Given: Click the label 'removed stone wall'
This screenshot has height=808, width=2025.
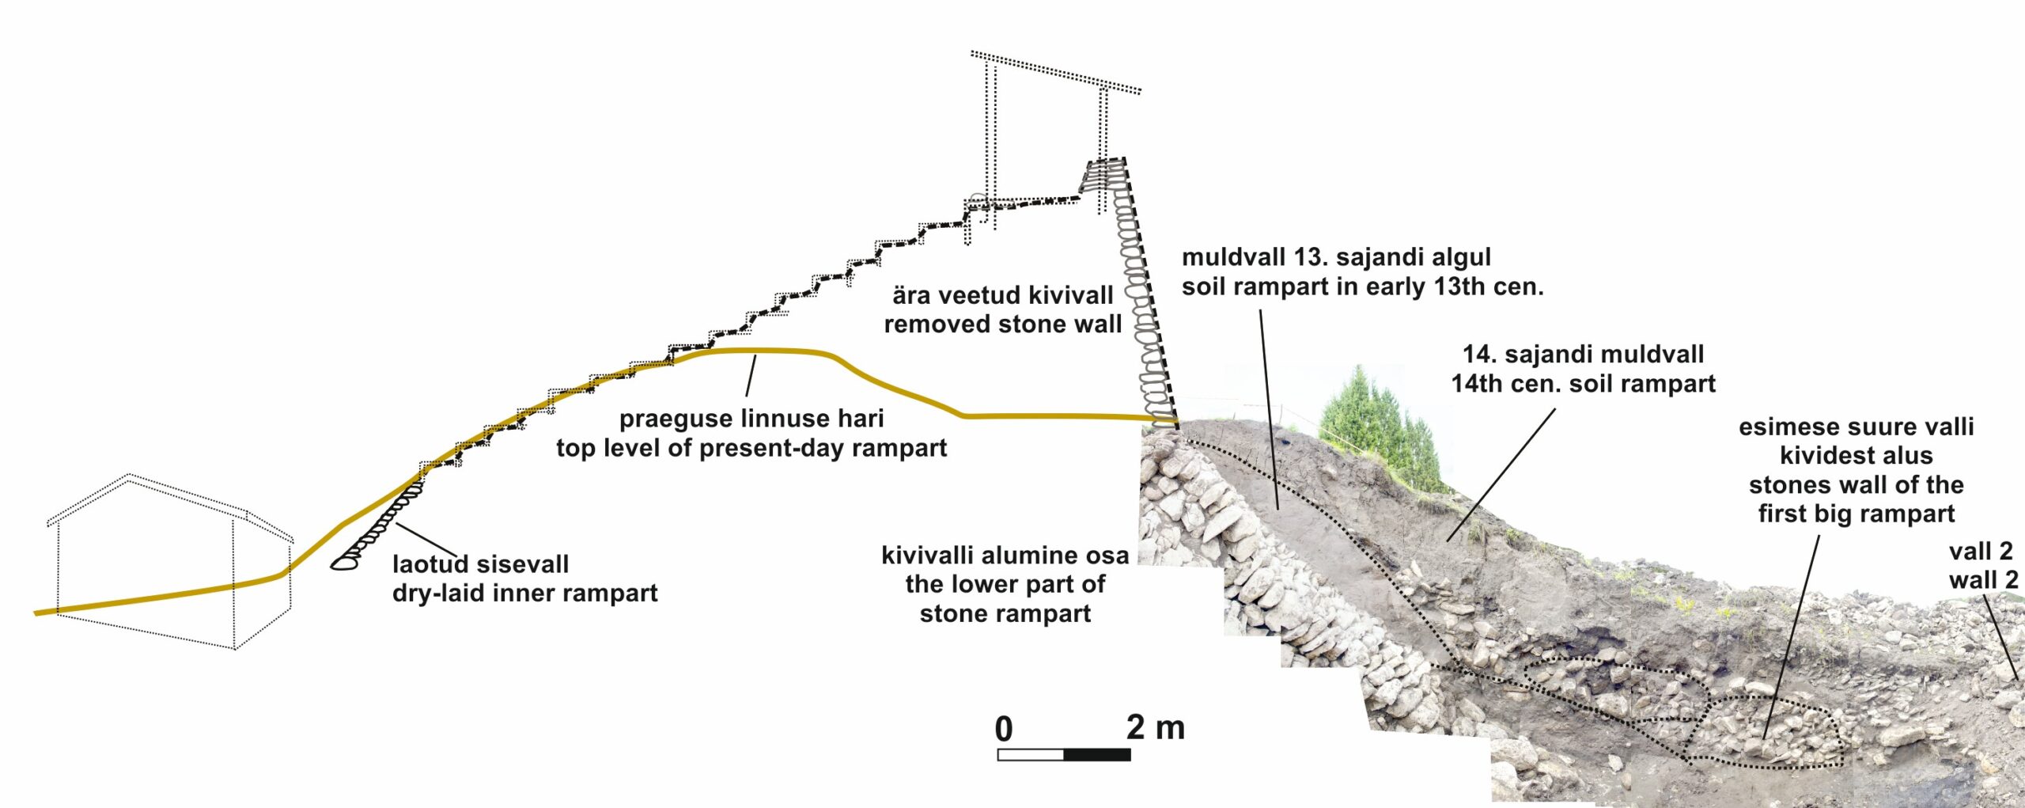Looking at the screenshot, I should [x=1002, y=324].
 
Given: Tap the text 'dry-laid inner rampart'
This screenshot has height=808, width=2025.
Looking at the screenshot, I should [x=524, y=594].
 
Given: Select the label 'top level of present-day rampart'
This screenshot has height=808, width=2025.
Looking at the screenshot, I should [x=751, y=448].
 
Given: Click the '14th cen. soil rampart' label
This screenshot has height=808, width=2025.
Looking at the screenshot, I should [x=1583, y=384].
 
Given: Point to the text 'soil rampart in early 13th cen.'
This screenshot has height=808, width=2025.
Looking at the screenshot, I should [x=1362, y=286].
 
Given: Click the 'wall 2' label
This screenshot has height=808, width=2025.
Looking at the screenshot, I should [x=1983, y=580].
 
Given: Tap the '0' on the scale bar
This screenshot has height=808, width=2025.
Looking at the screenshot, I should [x=1004, y=729].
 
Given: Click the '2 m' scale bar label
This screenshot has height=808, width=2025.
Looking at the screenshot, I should [x=1155, y=727].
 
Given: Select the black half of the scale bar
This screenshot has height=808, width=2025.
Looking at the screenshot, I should [x=1097, y=754].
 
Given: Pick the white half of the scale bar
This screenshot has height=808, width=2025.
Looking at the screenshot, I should [x=1031, y=754].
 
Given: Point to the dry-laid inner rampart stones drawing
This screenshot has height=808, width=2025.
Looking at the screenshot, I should [x=380, y=526].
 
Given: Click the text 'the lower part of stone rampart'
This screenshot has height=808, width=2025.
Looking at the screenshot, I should [x=1005, y=599].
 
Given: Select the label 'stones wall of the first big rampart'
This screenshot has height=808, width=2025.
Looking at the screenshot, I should [x=1856, y=499].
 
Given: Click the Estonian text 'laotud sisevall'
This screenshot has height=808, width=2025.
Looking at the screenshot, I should [x=480, y=564].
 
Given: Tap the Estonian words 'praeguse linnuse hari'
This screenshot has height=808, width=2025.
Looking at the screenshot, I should [x=751, y=419].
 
